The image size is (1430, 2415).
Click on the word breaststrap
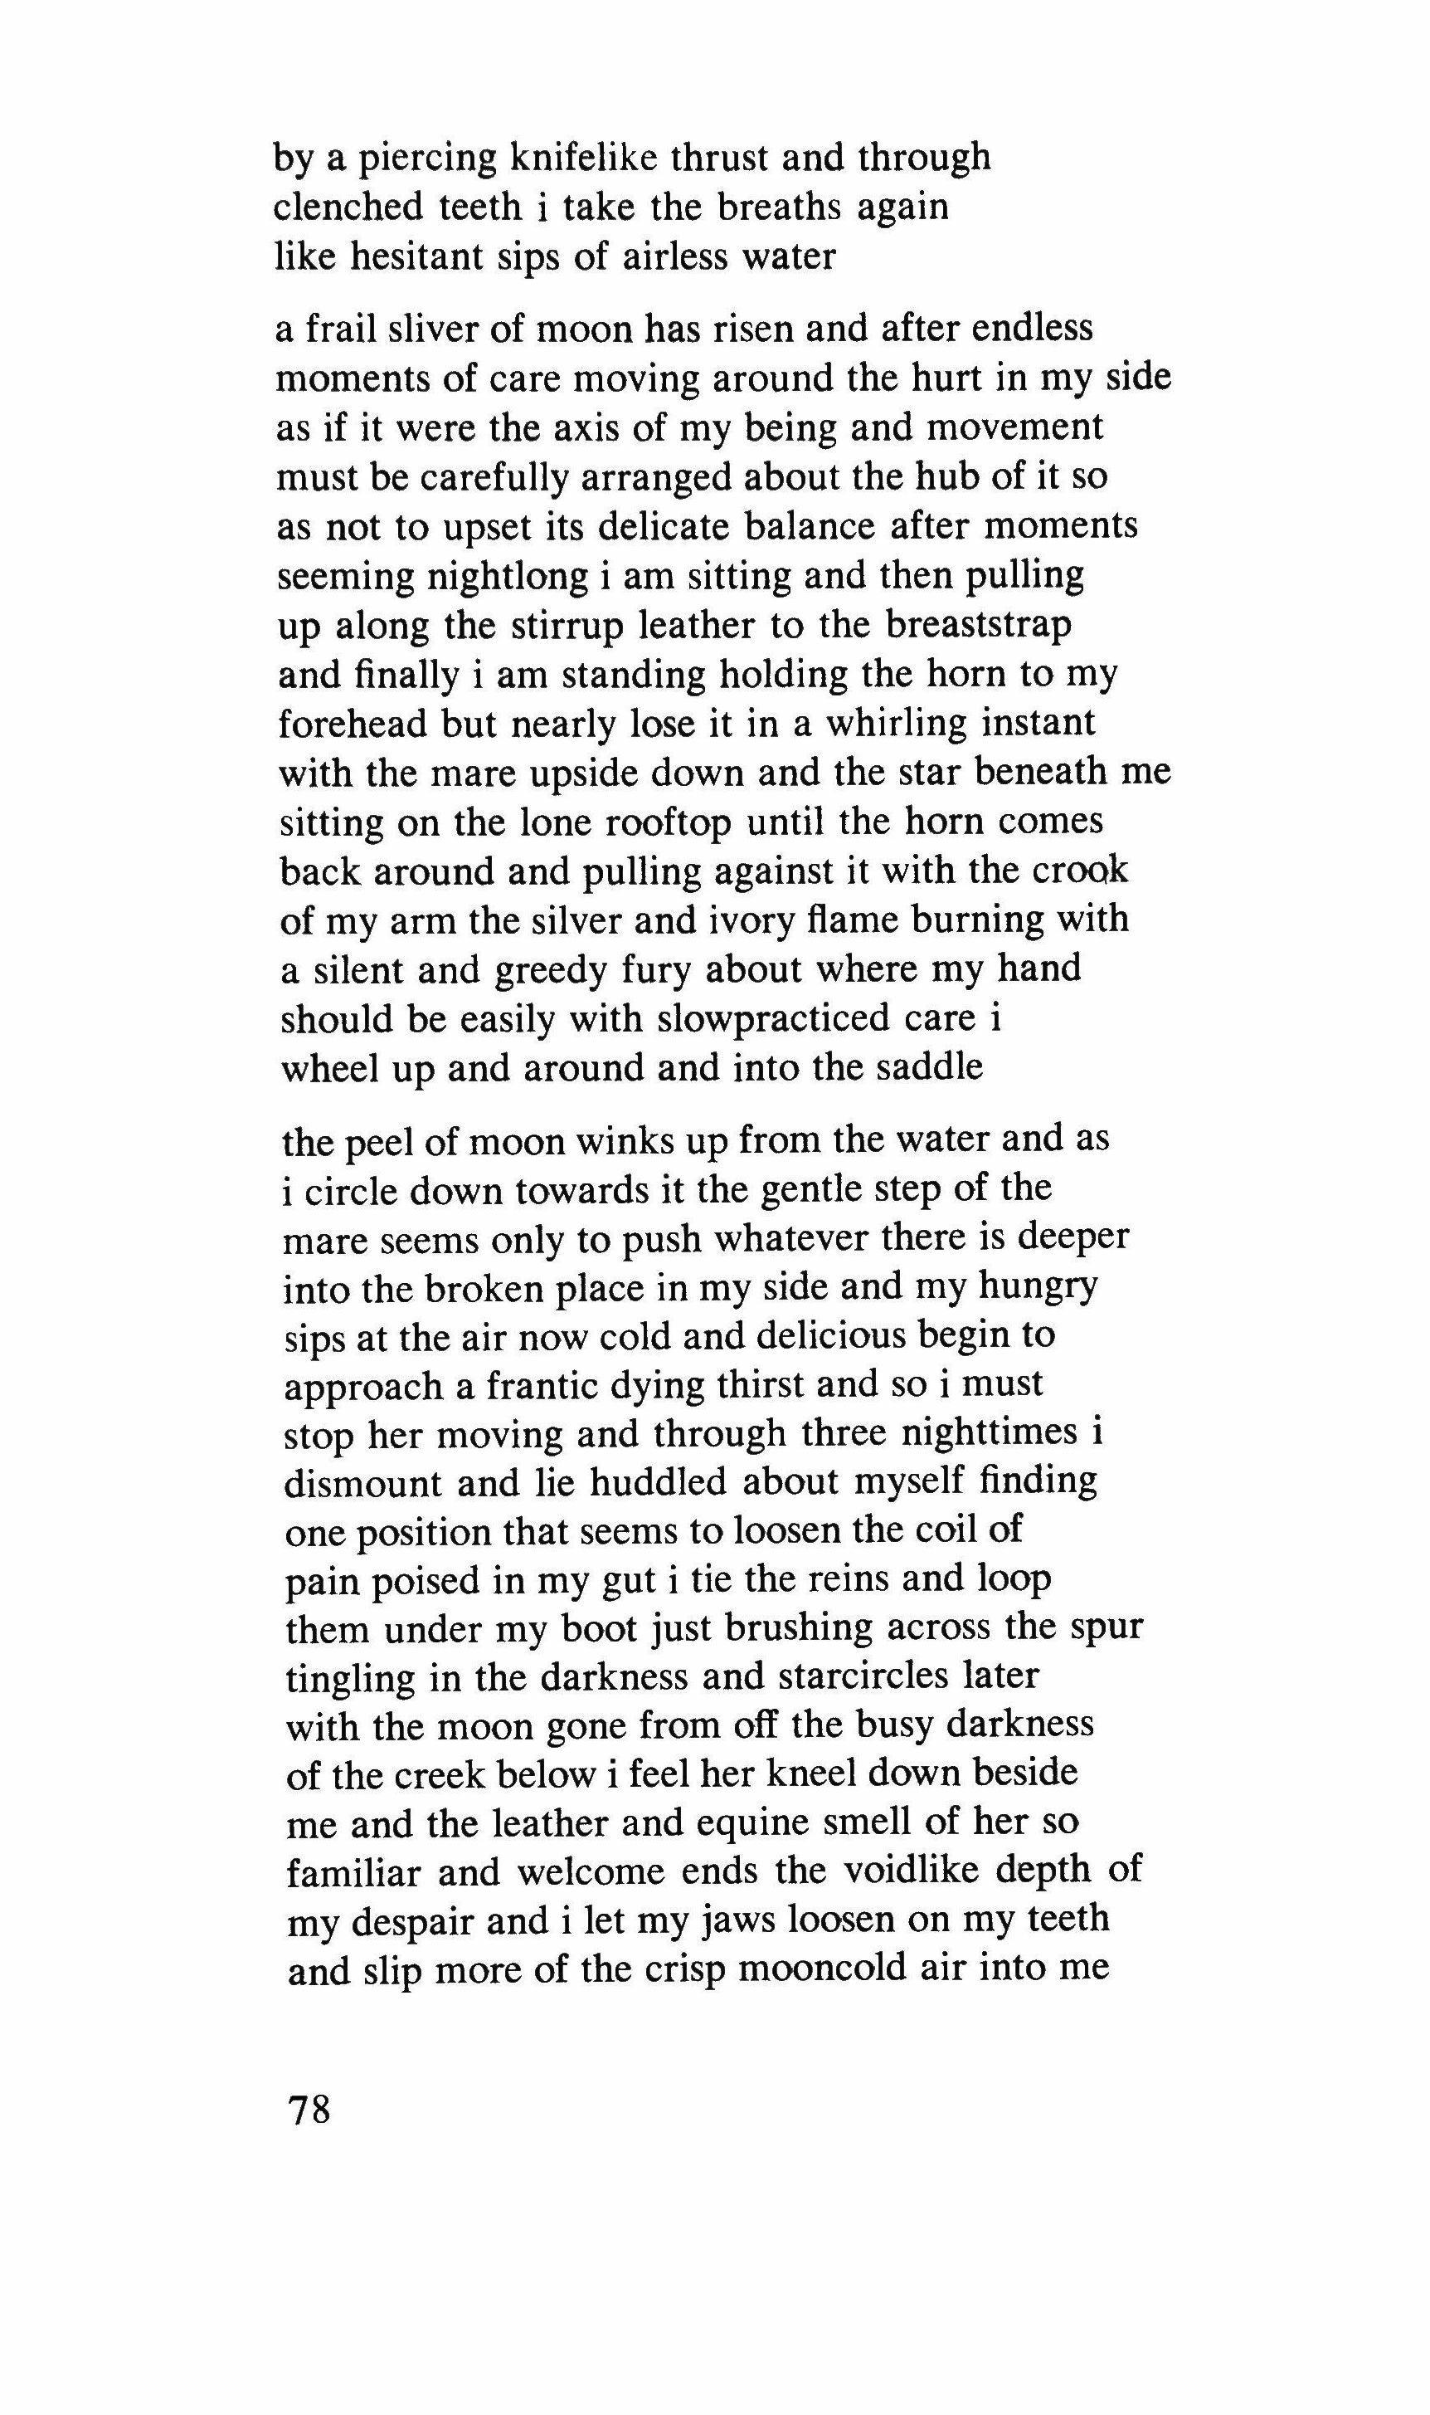pos(978,626)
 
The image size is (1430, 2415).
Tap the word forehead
pos(353,724)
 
